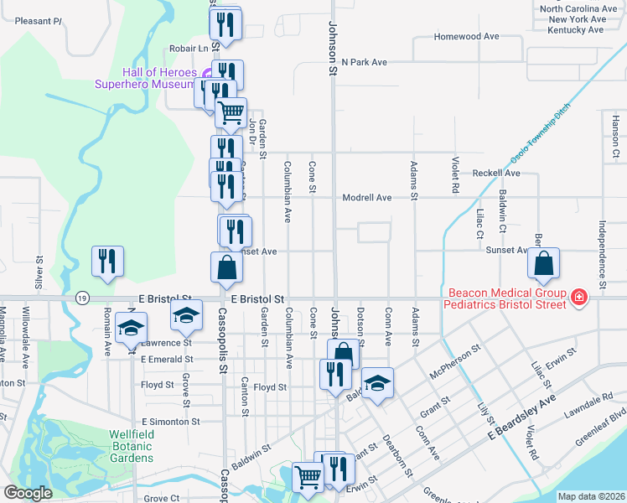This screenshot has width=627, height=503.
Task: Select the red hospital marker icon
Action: pyautogui.click(x=578, y=296)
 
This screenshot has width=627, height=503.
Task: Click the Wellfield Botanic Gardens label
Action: pyautogui.click(x=131, y=446)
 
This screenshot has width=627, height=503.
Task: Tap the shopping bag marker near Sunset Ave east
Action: pyautogui.click(x=544, y=263)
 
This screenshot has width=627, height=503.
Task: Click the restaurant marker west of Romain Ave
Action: pyautogui.click(x=107, y=261)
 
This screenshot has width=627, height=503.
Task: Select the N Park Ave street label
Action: pyautogui.click(x=364, y=62)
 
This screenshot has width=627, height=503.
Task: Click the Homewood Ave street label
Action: pyautogui.click(x=466, y=37)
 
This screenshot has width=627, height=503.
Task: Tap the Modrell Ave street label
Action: pyautogui.click(x=366, y=198)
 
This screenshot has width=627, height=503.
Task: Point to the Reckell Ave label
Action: pyautogui.click(x=495, y=174)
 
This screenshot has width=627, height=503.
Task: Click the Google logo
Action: pyautogui.click(x=28, y=493)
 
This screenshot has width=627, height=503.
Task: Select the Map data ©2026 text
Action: pyautogui.click(x=589, y=496)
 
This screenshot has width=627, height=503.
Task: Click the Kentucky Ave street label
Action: pyautogui.click(x=574, y=29)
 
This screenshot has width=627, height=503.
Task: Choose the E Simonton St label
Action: pyautogui.click(x=170, y=422)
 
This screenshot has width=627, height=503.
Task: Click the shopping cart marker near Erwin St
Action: pyautogui.click(x=308, y=476)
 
